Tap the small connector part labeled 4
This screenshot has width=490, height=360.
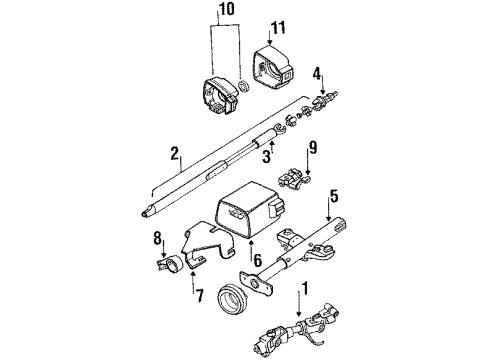[x=324, y=100]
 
